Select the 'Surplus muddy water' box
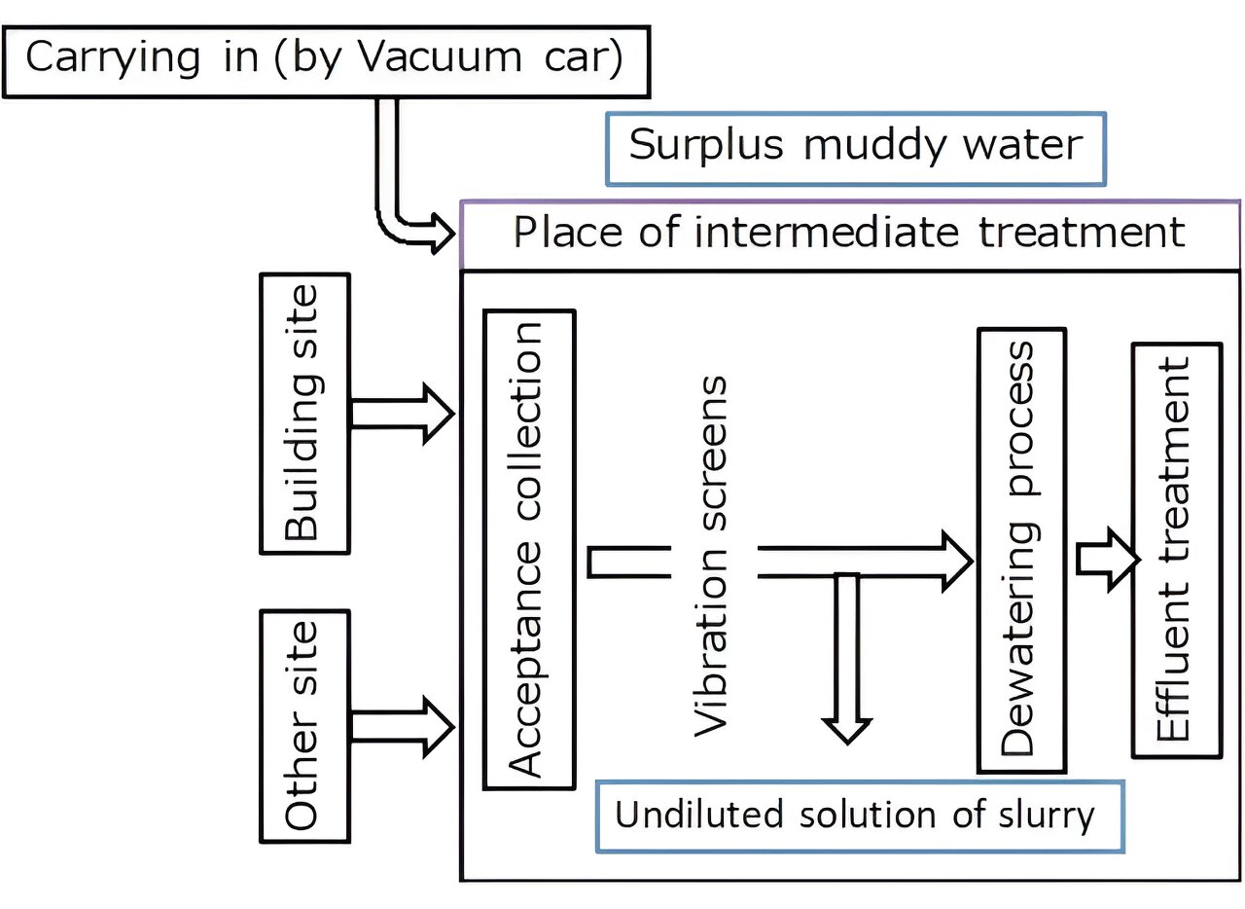point(855,147)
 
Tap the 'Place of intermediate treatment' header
point(849,234)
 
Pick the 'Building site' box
point(304,414)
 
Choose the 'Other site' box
point(304,726)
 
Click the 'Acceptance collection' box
point(529,549)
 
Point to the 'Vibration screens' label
point(711,556)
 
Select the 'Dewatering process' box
point(1020,549)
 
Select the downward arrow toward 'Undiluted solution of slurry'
point(847,662)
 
